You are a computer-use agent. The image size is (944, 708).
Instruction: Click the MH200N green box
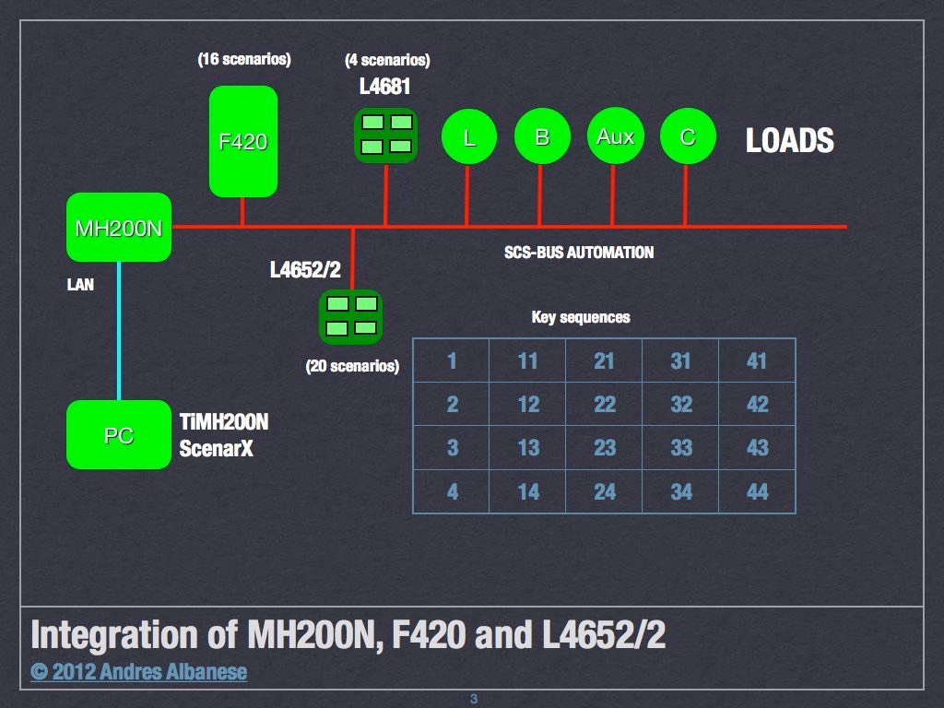click(119, 228)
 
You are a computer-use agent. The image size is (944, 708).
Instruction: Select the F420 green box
click(243, 142)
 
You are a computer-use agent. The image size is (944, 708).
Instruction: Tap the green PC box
click(119, 435)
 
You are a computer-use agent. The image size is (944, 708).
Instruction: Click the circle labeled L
click(469, 138)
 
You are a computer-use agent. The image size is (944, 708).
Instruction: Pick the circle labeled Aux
click(615, 137)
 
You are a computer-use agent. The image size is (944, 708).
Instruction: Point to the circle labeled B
click(542, 137)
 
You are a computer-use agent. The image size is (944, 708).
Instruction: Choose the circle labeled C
click(688, 137)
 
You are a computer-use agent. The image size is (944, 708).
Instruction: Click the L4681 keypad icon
click(386, 135)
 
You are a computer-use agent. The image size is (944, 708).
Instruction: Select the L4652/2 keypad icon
click(350, 316)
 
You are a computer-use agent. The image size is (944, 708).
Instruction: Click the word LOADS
click(789, 141)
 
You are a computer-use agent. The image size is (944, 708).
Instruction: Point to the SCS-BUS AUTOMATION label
click(579, 253)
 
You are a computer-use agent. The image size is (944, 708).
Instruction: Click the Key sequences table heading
click(581, 317)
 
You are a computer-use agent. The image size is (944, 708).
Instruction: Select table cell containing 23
click(604, 448)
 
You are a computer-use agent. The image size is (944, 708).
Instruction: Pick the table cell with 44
click(757, 491)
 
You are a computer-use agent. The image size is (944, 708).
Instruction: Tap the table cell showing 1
click(452, 360)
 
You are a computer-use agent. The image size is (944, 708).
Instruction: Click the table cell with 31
click(680, 360)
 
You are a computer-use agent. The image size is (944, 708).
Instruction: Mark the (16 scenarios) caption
click(244, 60)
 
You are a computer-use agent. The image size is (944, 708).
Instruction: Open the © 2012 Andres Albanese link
click(139, 672)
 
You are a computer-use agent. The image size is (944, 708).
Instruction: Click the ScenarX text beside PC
click(217, 451)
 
